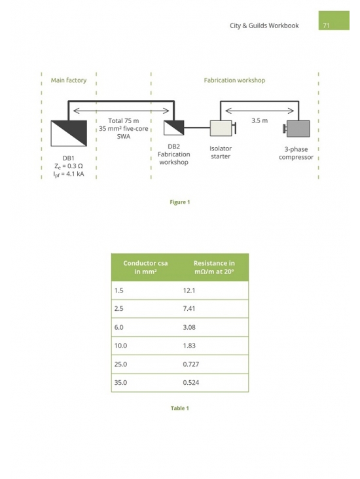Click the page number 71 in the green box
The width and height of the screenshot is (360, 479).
coord(326,26)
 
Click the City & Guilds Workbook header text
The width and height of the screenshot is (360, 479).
coord(264,26)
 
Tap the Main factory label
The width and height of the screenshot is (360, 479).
coord(69,80)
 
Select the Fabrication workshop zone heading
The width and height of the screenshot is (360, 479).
coord(234,80)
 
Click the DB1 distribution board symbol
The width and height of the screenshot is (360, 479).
coord(69,133)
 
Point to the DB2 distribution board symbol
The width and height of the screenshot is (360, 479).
coord(174,128)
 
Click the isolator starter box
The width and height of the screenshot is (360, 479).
coord(221,128)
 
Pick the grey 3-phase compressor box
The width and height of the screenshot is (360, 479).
coord(298,129)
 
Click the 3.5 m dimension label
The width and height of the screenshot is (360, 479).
coord(259,120)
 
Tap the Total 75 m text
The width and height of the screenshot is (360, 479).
coord(124,121)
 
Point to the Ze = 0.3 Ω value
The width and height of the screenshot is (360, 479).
coord(69,166)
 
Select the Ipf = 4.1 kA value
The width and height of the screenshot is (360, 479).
coord(69,174)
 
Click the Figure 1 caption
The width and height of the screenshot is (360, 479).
coord(180,202)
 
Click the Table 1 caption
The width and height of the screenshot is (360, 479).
coord(180,408)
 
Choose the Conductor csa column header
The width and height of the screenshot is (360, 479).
coord(145,267)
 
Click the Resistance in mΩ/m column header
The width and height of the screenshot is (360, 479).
coord(214,267)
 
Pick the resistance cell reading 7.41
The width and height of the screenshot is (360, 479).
coord(189,309)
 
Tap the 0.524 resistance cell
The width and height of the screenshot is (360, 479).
coord(191,382)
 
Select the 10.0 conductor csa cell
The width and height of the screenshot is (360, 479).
coord(120,346)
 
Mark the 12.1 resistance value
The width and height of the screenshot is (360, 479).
coord(189,290)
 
